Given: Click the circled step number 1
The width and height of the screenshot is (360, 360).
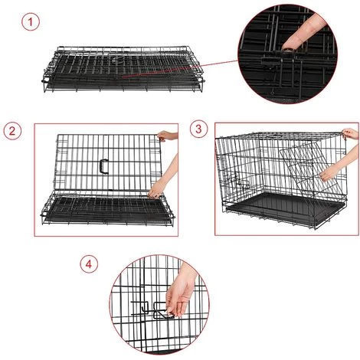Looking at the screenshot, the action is pos(31,22).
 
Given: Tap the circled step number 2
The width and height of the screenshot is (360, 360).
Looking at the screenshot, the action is pos(12,131).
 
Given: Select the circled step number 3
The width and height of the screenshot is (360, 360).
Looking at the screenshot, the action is pos(199,129).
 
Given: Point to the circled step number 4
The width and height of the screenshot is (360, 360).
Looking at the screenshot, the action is pos(89,264).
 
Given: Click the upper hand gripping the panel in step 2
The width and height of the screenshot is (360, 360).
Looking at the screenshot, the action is pos(166,136).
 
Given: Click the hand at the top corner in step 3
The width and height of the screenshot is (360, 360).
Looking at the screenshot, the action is pos(350,133).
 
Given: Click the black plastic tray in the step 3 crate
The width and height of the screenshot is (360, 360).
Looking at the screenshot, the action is pos(285,208).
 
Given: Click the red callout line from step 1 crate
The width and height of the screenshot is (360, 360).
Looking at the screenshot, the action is pos(180,68).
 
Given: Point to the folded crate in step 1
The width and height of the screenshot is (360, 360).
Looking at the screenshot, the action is pos(123,70).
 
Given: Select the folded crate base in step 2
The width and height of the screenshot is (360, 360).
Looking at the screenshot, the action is pos(107,209).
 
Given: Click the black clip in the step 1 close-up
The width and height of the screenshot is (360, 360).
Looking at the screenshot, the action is pos(270,62).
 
